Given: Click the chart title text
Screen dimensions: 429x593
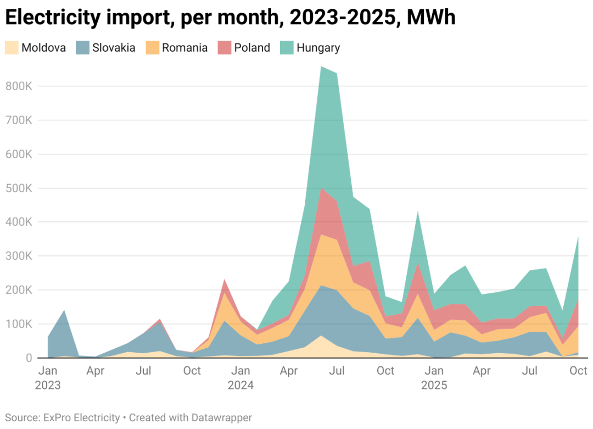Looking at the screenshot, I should [230, 18].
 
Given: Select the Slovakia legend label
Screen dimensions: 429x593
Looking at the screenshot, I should [114, 48].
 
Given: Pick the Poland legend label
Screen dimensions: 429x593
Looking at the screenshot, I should [252, 48].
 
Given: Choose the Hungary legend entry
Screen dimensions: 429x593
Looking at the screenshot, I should [318, 48].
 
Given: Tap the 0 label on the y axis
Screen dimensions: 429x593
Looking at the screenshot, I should [28, 358].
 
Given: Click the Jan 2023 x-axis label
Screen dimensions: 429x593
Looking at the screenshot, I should [48, 377].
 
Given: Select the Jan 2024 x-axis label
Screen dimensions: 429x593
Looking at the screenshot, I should [240, 377].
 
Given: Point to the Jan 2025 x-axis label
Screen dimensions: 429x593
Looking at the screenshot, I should [434, 377].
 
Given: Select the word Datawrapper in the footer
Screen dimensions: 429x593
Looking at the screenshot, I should [221, 418].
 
